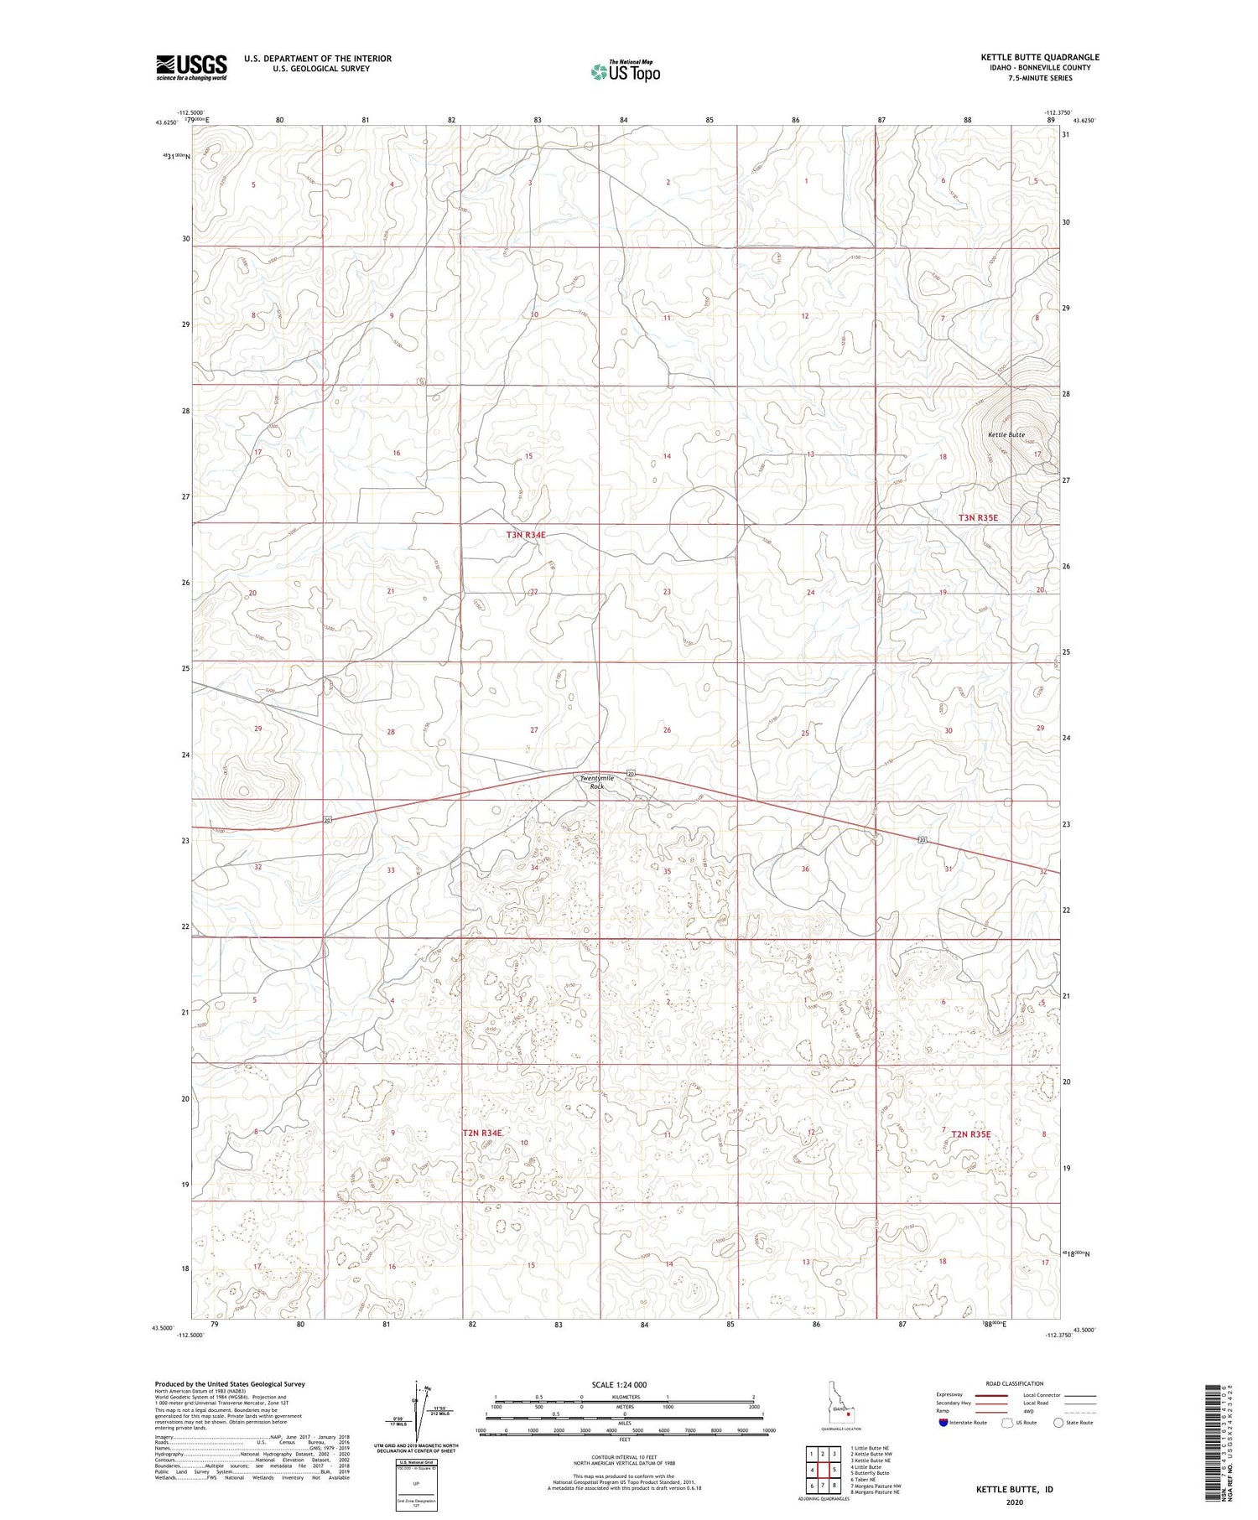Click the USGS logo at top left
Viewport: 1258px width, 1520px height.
[x=191, y=67]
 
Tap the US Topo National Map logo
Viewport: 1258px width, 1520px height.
[x=626, y=71]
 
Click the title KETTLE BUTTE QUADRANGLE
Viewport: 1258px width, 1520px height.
[x=1040, y=58]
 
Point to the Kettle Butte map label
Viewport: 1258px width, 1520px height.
[x=1006, y=435]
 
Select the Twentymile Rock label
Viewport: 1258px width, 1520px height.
[x=597, y=782]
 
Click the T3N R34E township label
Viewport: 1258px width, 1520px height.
[x=526, y=535]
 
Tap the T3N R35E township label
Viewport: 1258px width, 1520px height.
[x=979, y=518]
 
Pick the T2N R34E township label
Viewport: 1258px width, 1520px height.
[x=482, y=1133]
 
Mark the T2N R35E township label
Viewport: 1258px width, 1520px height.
[x=971, y=1134]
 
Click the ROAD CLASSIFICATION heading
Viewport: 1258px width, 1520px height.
[x=1015, y=1383]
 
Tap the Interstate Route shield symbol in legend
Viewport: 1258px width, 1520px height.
[x=944, y=1423]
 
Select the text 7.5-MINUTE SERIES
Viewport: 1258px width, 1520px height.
[x=1040, y=78]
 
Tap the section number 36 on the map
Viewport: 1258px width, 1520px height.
[x=805, y=869]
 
